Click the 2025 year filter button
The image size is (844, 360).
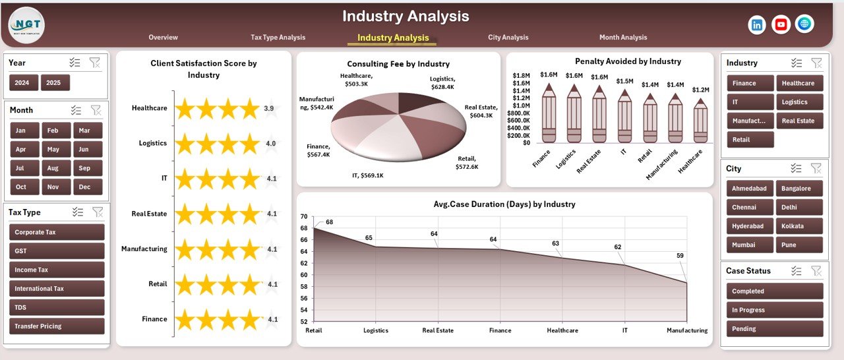point(55,83)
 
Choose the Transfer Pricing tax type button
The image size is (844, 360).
point(57,326)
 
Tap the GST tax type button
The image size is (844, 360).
point(57,251)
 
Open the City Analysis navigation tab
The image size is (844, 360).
point(508,38)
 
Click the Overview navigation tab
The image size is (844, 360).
point(163,38)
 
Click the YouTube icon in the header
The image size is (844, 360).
point(781,24)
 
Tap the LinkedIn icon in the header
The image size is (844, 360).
point(757,24)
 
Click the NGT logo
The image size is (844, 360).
point(26,25)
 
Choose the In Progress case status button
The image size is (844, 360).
point(775,310)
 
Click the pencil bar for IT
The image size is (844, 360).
point(624,117)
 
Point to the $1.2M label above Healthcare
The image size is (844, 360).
point(701,90)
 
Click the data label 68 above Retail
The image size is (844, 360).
point(329,222)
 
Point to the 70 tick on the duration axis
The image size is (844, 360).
point(304,216)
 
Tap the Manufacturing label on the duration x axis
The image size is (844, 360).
point(686,330)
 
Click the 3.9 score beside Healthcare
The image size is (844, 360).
point(269,108)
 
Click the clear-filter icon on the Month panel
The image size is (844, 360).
point(96,110)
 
